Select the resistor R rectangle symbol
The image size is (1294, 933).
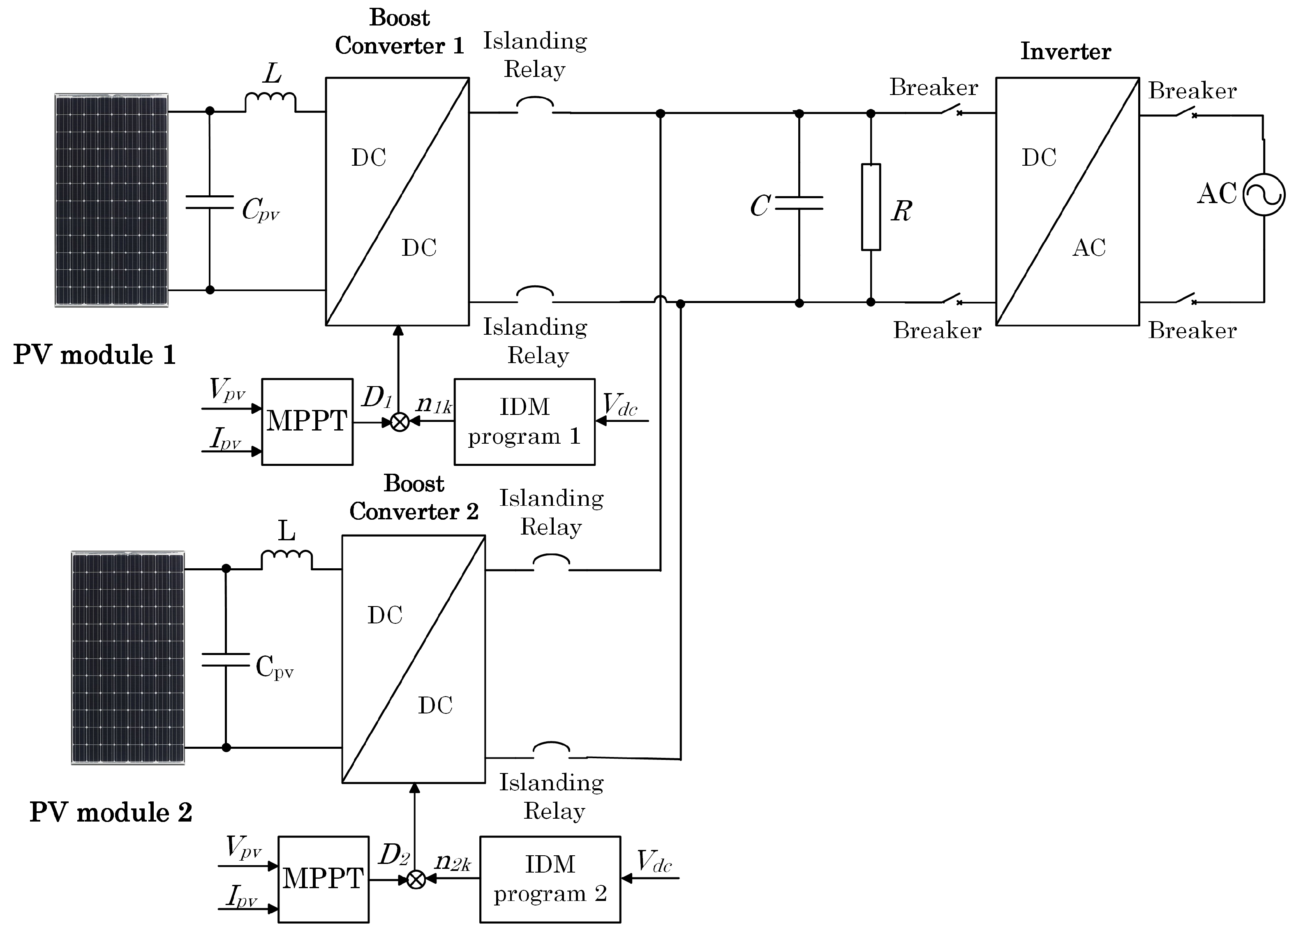tap(871, 207)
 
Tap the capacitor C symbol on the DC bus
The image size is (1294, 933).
tap(800, 203)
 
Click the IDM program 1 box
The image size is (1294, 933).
tap(525, 422)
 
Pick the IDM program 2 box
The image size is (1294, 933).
tap(550, 880)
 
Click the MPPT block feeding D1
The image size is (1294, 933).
tap(307, 422)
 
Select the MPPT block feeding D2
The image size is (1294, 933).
tap(323, 880)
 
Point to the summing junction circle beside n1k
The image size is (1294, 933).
tap(400, 422)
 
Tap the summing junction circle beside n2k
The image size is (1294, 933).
tap(416, 880)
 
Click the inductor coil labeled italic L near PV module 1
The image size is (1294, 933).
tap(270, 102)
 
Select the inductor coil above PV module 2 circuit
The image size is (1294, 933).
tap(287, 559)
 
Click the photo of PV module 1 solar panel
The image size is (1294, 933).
tap(111, 200)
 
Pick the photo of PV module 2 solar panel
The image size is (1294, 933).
tap(128, 657)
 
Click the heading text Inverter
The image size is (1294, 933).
tap(1065, 51)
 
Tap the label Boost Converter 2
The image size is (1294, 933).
tap(414, 498)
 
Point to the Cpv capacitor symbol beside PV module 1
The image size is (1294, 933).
tap(209, 202)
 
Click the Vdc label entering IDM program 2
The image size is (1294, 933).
tap(654, 862)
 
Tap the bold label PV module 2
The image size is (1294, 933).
tap(111, 813)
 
